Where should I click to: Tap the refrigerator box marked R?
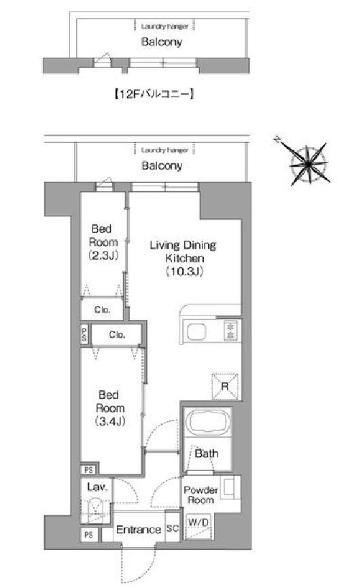pyautogui.click(x=225, y=386)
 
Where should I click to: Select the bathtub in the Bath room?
pyautogui.click(x=208, y=422)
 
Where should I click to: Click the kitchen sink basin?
pyautogui.click(x=196, y=332)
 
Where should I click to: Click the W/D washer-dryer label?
pyautogui.click(x=198, y=521)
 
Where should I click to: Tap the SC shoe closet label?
pyautogui.click(x=172, y=528)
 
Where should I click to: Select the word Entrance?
pyautogui.click(x=139, y=530)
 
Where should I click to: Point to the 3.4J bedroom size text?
pyautogui.click(x=110, y=421)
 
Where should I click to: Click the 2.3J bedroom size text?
pyautogui.click(x=103, y=256)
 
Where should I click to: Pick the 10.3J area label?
pyautogui.click(x=184, y=271)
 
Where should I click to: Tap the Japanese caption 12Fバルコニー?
pyautogui.click(x=154, y=94)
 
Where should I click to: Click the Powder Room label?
pyautogui.click(x=201, y=495)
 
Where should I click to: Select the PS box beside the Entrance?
pyautogui.click(x=88, y=535)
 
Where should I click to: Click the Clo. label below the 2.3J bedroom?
pyautogui.click(x=103, y=310)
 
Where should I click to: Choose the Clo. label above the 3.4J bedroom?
pyautogui.click(x=117, y=334)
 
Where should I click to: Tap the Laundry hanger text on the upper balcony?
pyautogui.click(x=165, y=27)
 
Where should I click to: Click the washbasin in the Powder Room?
pyautogui.click(x=229, y=487)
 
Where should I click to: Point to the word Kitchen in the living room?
pyautogui.click(x=185, y=258)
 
